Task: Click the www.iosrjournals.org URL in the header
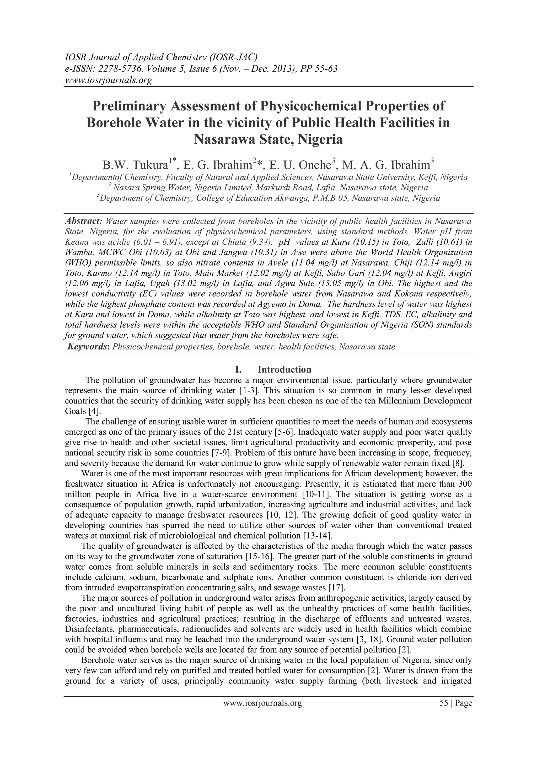pyautogui.click(x=108, y=80)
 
